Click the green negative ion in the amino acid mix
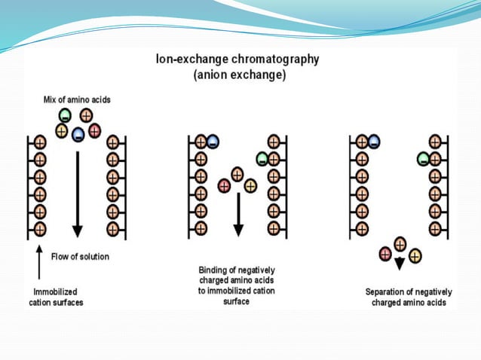(66, 117)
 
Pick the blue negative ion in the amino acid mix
(78, 136)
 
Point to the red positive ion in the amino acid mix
(93, 130)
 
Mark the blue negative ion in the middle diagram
(213, 142)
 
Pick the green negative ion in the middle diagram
(262, 158)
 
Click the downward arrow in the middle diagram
(237, 214)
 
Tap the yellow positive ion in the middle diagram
(250, 185)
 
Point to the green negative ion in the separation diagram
(424, 159)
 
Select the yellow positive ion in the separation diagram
(415, 256)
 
